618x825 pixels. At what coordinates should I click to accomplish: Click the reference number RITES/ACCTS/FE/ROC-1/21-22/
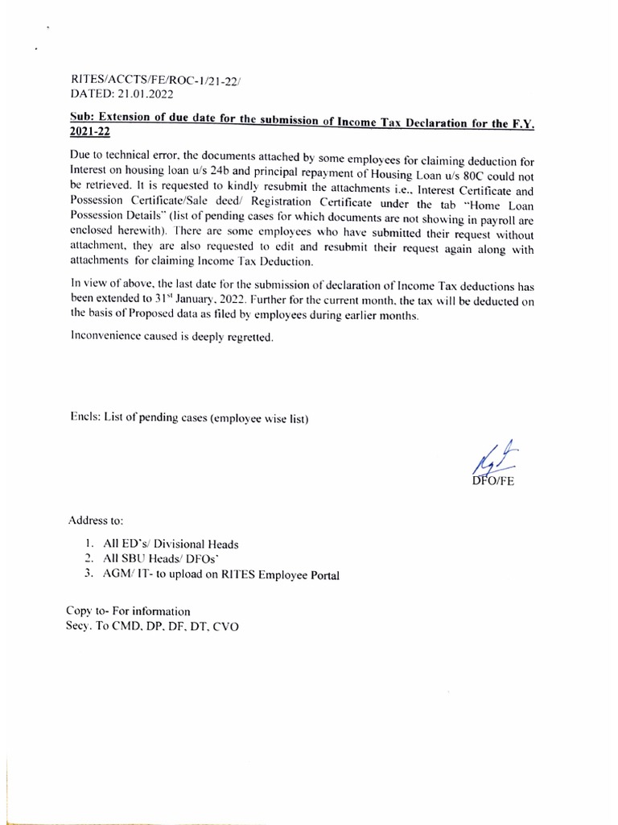click(x=139, y=81)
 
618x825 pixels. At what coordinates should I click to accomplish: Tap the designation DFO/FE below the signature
click(x=496, y=482)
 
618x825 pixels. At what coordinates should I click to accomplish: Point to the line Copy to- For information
click(x=129, y=611)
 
